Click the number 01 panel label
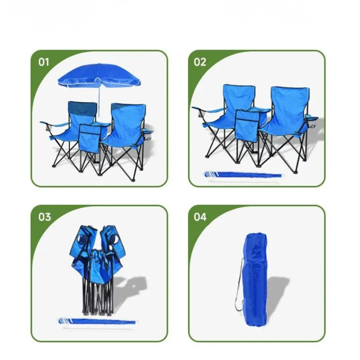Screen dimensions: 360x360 pyautogui.click(x=44, y=62)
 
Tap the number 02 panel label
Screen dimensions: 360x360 pyautogui.click(x=200, y=62)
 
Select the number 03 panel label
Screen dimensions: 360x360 pyautogui.click(x=44, y=217)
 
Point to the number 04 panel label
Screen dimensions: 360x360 pyautogui.click(x=200, y=217)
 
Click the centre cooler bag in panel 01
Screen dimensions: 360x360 pyautogui.click(x=90, y=139)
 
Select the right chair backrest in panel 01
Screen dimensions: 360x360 pyautogui.click(x=128, y=121)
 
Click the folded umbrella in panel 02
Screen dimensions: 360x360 pyautogui.click(x=243, y=175)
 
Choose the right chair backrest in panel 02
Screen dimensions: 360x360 pyautogui.click(x=290, y=106)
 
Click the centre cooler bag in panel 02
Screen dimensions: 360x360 pyautogui.click(x=247, y=125)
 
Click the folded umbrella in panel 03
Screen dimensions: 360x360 pyautogui.click(x=97, y=321)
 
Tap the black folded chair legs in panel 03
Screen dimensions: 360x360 pyautogui.click(x=98, y=296)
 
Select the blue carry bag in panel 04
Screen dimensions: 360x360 pyautogui.click(x=255, y=279)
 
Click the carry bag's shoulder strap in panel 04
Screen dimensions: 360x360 pyautogui.click(x=239, y=285)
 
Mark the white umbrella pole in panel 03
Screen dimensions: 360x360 pyautogui.click(x=97, y=328)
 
